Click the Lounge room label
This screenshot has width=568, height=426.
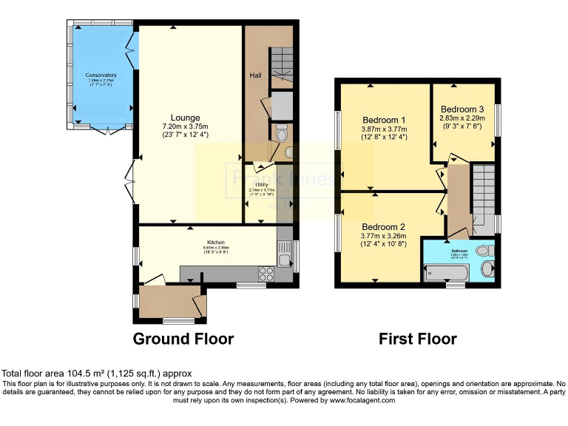click(x=185, y=117)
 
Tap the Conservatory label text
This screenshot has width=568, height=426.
click(x=101, y=75)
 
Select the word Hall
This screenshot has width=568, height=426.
click(x=255, y=75)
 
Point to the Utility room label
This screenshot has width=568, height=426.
click(x=262, y=186)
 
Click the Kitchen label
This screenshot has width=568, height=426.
click(x=215, y=242)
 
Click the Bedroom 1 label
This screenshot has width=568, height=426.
click(x=384, y=121)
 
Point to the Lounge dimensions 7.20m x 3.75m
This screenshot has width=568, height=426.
click(x=186, y=126)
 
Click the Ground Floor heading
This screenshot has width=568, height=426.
click(x=183, y=339)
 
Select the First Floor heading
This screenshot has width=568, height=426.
click(x=417, y=339)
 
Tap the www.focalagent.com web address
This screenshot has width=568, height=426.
click(x=354, y=400)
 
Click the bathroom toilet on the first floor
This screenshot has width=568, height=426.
click(x=484, y=250)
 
